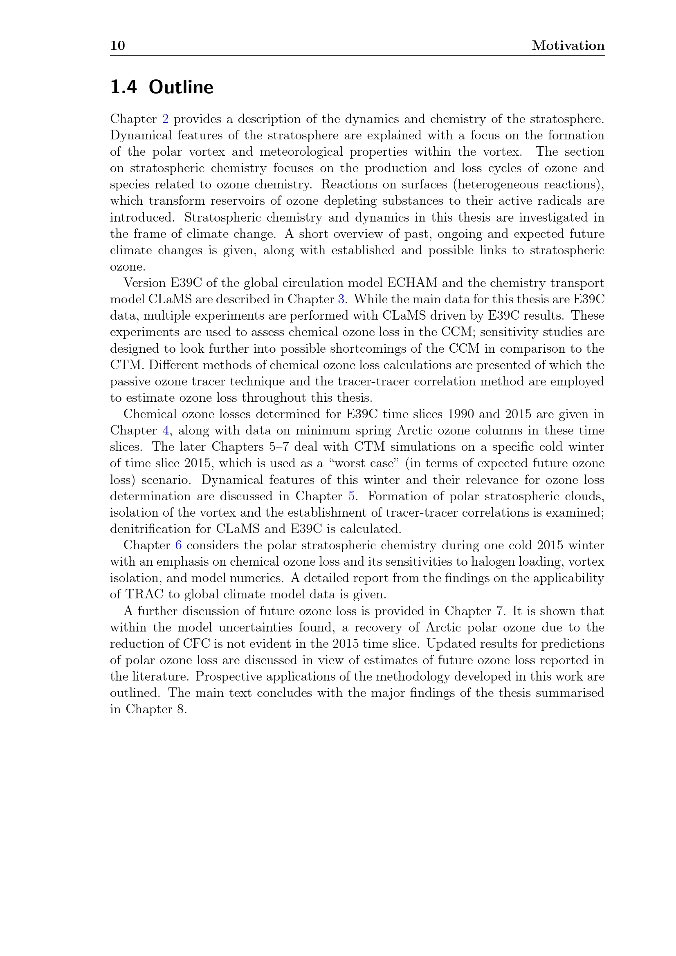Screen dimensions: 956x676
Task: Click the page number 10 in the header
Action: pos(117,45)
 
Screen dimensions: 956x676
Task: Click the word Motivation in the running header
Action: pos(568,45)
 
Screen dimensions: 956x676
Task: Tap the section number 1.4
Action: pos(123,87)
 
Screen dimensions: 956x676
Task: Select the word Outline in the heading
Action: pos(181,87)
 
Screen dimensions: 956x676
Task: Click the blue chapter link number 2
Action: pos(165,119)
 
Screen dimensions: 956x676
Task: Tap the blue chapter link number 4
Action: pos(165,430)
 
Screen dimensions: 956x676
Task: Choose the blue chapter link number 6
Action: pos(178,546)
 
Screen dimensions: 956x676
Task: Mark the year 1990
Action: pos(460,414)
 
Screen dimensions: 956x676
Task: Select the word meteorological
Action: pos(301,152)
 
